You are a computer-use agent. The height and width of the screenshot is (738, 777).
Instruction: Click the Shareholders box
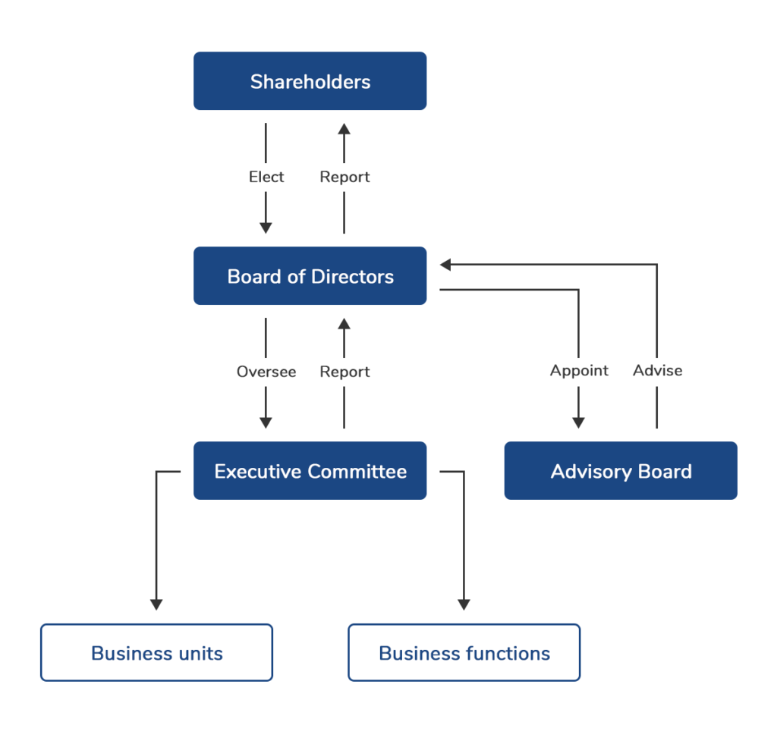point(310,81)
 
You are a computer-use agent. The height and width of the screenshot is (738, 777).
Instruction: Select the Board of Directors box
point(310,276)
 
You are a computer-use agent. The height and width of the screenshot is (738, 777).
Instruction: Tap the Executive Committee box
point(310,471)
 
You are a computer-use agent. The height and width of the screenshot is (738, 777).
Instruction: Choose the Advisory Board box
point(621,471)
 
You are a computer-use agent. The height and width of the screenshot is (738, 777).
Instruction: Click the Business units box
point(156,653)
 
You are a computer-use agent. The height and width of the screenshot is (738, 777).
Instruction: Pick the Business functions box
point(464,653)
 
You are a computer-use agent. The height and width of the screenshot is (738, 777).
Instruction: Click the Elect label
point(266,177)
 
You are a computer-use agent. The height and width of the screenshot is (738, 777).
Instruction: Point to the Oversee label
point(266,372)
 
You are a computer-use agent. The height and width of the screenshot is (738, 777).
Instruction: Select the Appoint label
point(579,370)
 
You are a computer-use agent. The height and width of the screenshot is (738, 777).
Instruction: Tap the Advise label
point(657,370)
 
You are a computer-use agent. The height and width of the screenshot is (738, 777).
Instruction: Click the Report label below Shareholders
point(344,177)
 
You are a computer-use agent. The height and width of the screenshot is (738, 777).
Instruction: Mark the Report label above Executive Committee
point(344,372)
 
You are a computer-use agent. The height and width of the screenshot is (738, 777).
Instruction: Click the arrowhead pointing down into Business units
point(156,605)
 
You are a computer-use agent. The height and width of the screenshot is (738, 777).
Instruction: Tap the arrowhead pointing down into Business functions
point(464,605)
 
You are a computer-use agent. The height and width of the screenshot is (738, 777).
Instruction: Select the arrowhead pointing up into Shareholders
point(344,129)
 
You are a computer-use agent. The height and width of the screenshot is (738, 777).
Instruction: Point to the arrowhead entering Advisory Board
point(578,422)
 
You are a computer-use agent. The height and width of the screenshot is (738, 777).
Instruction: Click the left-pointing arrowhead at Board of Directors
point(446,265)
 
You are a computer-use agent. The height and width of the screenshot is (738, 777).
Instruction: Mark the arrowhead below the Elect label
point(266,227)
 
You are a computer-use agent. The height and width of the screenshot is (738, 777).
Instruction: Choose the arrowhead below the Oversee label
point(266,422)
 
